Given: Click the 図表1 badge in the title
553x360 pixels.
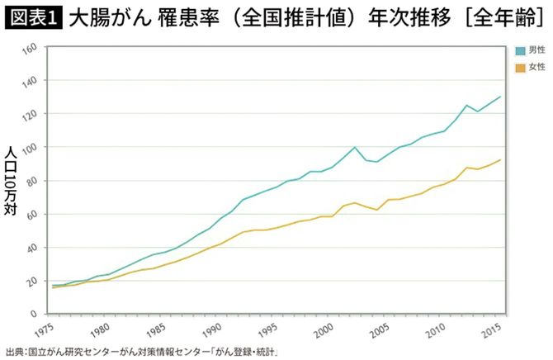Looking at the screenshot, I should (x=31, y=18).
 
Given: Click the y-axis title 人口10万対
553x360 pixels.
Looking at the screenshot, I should (x=11, y=180).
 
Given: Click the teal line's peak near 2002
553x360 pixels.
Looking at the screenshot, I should (x=355, y=147).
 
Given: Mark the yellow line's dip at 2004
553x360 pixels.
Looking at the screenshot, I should (x=377, y=210).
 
